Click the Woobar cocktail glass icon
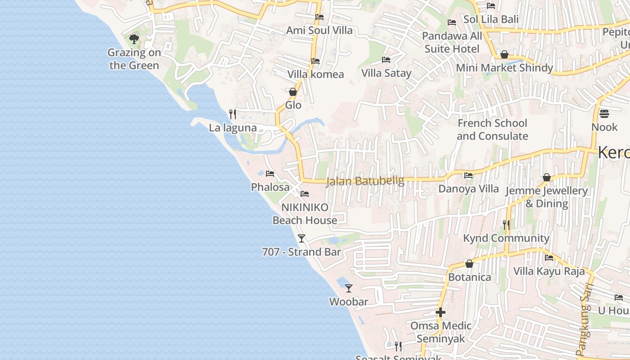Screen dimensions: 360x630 pos(348,288)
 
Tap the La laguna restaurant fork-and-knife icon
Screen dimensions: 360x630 pos(232,114)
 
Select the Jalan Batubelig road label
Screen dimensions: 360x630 pos(365,181)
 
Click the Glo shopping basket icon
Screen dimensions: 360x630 pos(293,92)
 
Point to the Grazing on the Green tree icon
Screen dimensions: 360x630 pos(134,39)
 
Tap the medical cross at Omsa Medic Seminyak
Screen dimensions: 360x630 pos(441,312)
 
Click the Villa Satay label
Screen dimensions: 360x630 pos(387,73)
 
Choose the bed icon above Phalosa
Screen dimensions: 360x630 pos(270,173)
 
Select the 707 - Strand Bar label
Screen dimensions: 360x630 pos(301,252)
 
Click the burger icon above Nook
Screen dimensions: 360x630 pos(604,113)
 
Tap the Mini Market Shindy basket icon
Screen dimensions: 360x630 pos(504,54)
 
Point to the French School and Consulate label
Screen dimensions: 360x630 pos(492,130)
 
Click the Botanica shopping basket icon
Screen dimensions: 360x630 pos(469,264)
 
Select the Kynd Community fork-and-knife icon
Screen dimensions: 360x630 pos(506,225)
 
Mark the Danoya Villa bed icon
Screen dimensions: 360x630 pos(468,175)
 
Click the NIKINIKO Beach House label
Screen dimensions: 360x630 pos(305,214)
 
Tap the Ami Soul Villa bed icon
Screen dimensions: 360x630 pos(319,17)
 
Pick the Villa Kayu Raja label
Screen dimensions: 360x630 pos(549,271)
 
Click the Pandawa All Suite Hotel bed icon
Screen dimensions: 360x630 pos(452,22)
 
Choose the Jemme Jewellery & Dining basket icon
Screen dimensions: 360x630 pos(547,178)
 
